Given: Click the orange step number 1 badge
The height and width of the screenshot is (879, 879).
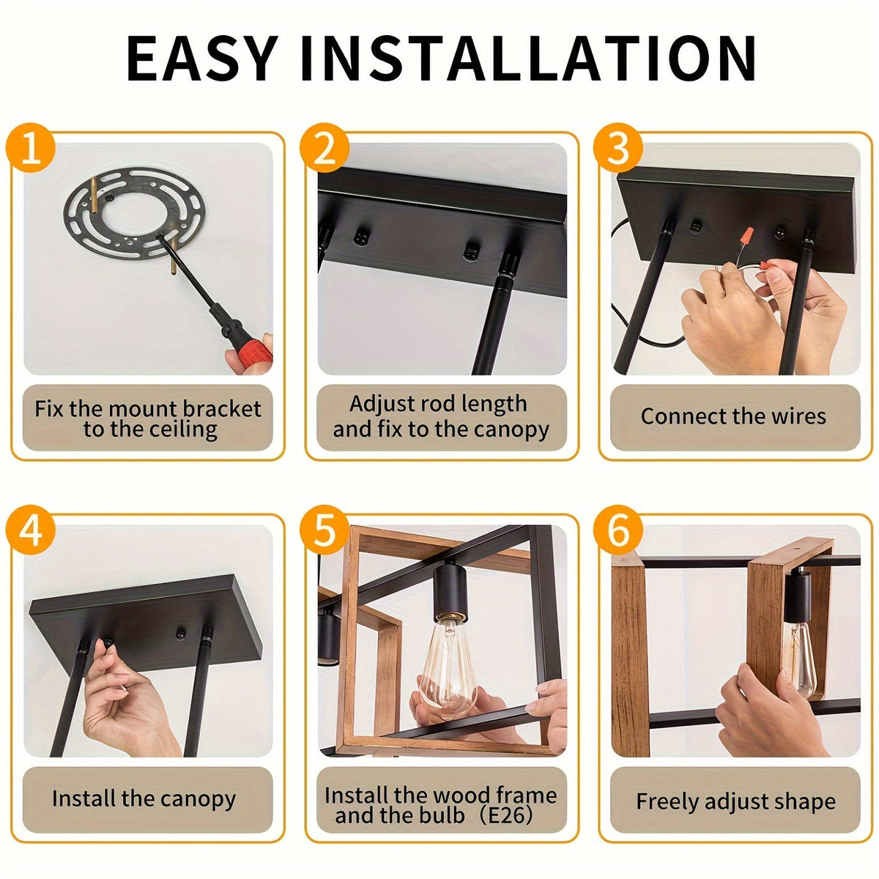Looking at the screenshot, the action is [x=31, y=148].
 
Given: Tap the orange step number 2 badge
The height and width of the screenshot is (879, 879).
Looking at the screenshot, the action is [x=324, y=148].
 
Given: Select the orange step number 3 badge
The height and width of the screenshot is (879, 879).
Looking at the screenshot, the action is [x=618, y=148].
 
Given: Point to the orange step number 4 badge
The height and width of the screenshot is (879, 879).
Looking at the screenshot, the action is [x=31, y=530].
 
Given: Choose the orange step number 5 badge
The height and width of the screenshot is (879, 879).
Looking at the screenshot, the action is [x=324, y=530].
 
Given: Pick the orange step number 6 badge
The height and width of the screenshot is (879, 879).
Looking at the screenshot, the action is [x=618, y=530].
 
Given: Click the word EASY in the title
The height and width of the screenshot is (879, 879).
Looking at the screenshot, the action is [x=202, y=59].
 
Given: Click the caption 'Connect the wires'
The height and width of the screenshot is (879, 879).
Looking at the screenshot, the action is [x=733, y=417].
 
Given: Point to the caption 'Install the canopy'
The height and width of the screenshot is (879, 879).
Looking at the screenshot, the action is [x=144, y=798].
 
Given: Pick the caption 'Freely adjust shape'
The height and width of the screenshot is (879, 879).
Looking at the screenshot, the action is [x=735, y=802].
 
